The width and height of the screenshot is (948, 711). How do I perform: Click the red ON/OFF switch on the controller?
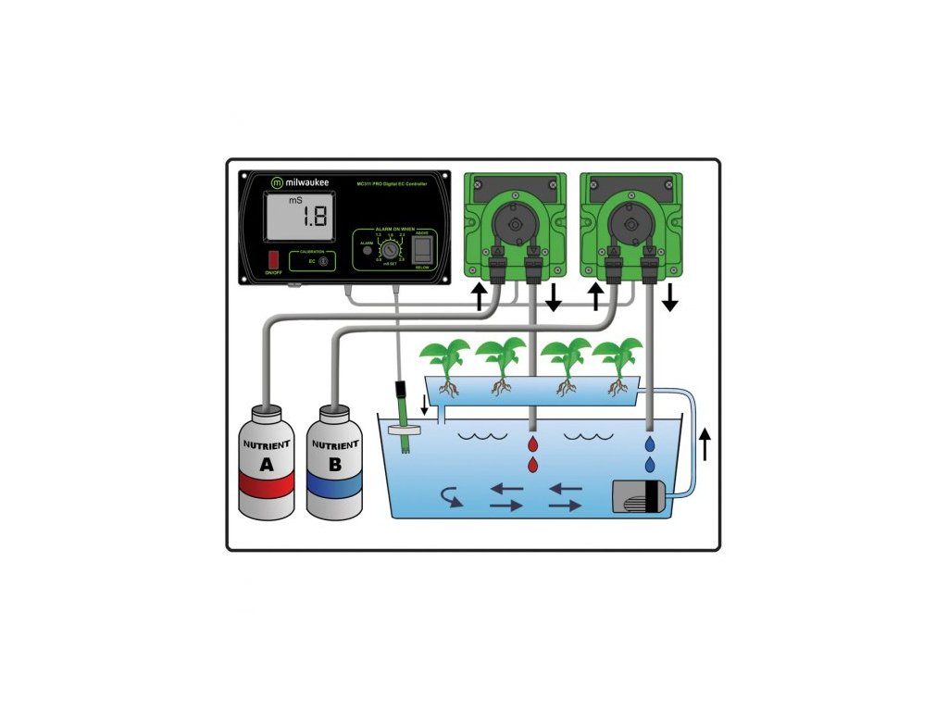coord(274,258)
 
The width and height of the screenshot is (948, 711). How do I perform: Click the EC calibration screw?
coord(324,262)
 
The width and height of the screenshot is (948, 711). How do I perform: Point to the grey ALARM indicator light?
coord(367,250)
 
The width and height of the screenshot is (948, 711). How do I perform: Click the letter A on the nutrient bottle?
coord(267,465)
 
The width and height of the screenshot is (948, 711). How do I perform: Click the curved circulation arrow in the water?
coord(453,497)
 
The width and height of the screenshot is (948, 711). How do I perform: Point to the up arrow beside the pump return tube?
coord(705,443)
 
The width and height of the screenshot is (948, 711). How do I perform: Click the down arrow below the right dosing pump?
coord(670,298)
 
